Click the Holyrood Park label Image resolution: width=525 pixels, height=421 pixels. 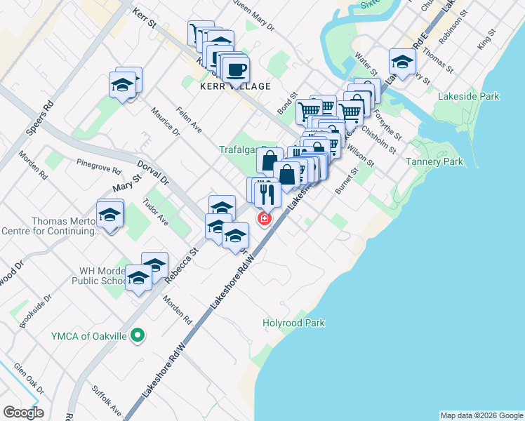point(293,323)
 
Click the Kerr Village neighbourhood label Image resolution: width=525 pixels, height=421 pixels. point(235,86)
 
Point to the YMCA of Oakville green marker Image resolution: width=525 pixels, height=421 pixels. point(138,336)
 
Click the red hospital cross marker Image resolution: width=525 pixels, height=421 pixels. point(265,219)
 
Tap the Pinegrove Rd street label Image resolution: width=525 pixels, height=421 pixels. point(99,166)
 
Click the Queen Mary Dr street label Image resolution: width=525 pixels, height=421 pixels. point(253,15)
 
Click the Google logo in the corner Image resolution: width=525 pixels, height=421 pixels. point(22,413)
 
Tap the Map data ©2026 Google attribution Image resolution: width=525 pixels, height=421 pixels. point(481,415)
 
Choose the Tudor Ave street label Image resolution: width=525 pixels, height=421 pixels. point(156,212)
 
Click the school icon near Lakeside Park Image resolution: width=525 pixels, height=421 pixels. point(402,61)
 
